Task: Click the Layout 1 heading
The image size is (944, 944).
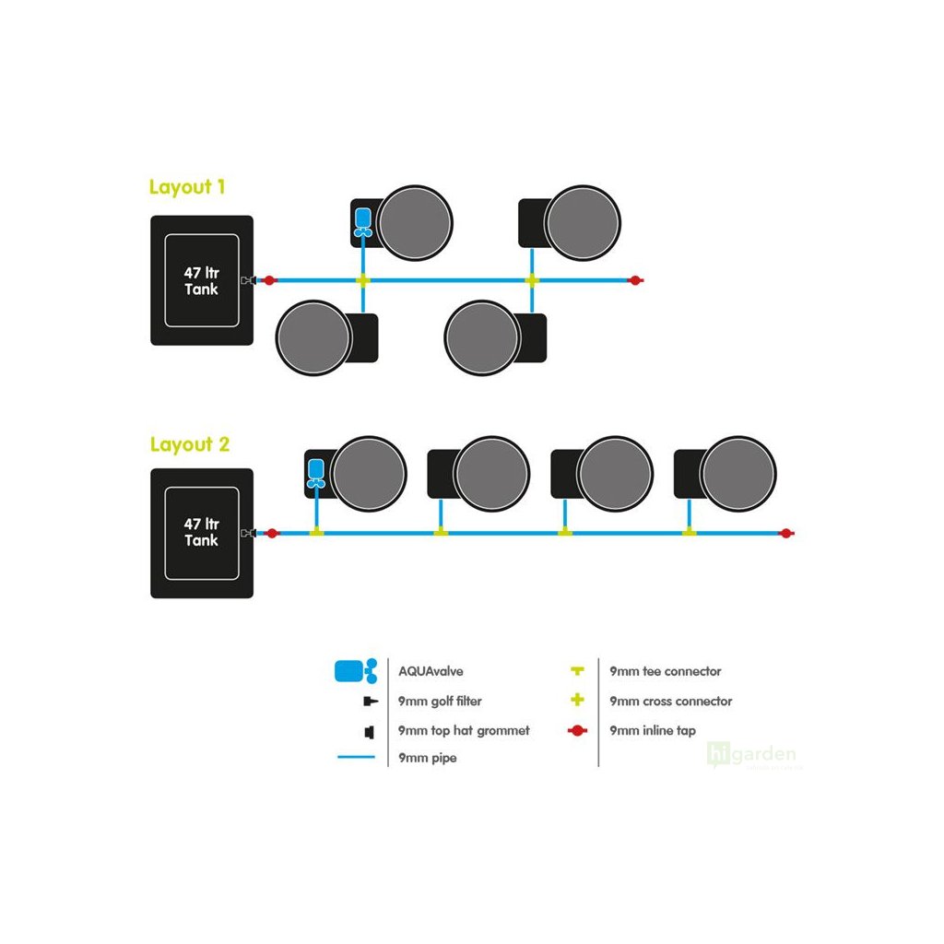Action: (x=187, y=187)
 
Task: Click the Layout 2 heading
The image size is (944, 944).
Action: (x=189, y=444)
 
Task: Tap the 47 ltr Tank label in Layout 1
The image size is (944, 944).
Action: (x=201, y=280)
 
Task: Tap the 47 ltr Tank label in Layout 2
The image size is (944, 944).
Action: (x=201, y=532)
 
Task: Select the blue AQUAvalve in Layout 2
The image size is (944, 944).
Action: (x=316, y=473)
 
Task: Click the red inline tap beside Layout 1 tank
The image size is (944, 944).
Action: (x=269, y=280)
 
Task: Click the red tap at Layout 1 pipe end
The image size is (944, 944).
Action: (x=634, y=279)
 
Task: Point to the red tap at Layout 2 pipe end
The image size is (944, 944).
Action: (x=785, y=533)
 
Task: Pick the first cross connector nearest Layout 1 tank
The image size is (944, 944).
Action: (x=363, y=279)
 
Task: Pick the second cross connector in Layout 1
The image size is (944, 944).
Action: (x=532, y=279)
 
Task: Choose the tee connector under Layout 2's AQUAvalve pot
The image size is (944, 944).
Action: (x=316, y=532)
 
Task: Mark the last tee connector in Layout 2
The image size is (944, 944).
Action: (x=689, y=532)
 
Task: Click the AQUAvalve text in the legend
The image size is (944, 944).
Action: (x=430, y=671)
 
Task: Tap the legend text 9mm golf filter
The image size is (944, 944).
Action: (x=440, y=702)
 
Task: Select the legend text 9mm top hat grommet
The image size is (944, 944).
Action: (x=464, y=731)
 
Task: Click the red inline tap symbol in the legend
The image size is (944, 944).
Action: (x=578, y=731)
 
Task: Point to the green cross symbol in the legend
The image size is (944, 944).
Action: (x=578, y=701)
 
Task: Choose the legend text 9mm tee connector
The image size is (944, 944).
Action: (x=666, y=671)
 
